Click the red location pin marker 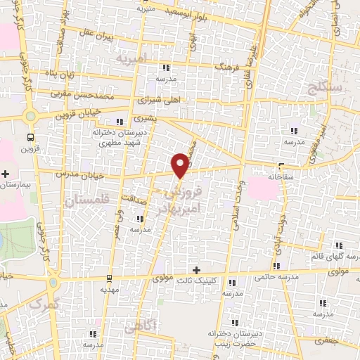[x=181, y=164]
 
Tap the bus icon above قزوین [x=30, y=136]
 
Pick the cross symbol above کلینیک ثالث [x=196, y=270]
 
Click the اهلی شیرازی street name [x=161, y=100]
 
